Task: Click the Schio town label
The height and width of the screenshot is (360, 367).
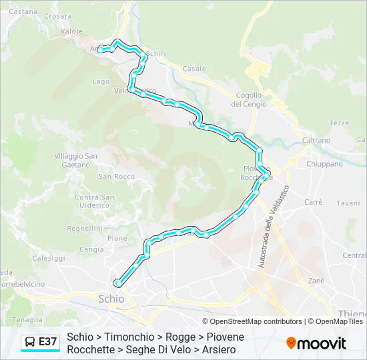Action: tap(111, 299)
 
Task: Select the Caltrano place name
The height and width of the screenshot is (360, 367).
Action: tap(316, 141)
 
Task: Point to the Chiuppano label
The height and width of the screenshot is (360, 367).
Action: tap(324, 163)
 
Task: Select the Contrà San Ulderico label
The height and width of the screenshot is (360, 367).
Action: tap(94, 201)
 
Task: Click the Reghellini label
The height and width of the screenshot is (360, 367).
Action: tap(84, 227)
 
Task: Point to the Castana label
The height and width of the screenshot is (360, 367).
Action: tap(23, 11)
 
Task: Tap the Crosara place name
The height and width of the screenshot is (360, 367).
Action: tap(58, 16)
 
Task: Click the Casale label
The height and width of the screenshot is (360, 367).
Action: tap(194, 69)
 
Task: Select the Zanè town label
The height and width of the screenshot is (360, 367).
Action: tap(316, 281)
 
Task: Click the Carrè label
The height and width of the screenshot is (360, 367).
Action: tap(313, 201)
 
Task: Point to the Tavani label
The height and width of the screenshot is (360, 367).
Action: tap(348, 203)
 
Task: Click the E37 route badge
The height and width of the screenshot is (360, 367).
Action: tap(47, 342)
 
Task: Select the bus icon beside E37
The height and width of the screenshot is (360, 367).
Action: tap(31, 342)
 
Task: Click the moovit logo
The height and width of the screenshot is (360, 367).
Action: tap(316, 343)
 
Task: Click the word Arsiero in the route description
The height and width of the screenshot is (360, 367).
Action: tap(217, 349)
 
